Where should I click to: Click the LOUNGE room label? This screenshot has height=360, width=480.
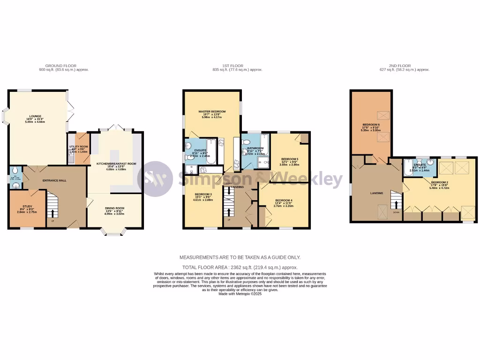(x=35, y=116)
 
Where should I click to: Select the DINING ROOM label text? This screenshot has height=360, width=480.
(x=114, y=208)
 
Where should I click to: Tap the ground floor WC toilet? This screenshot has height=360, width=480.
(x=15, y=171)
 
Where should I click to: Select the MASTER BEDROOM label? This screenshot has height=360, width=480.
(x=212, y=112)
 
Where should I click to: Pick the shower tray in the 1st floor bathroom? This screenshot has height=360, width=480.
(x=263, y=162)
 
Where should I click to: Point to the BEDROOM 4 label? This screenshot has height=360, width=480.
(x=283, y=200)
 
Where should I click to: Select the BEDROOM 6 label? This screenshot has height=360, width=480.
(x=371, y=125)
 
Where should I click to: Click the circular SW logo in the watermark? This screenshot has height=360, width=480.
(x=155, y=179)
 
